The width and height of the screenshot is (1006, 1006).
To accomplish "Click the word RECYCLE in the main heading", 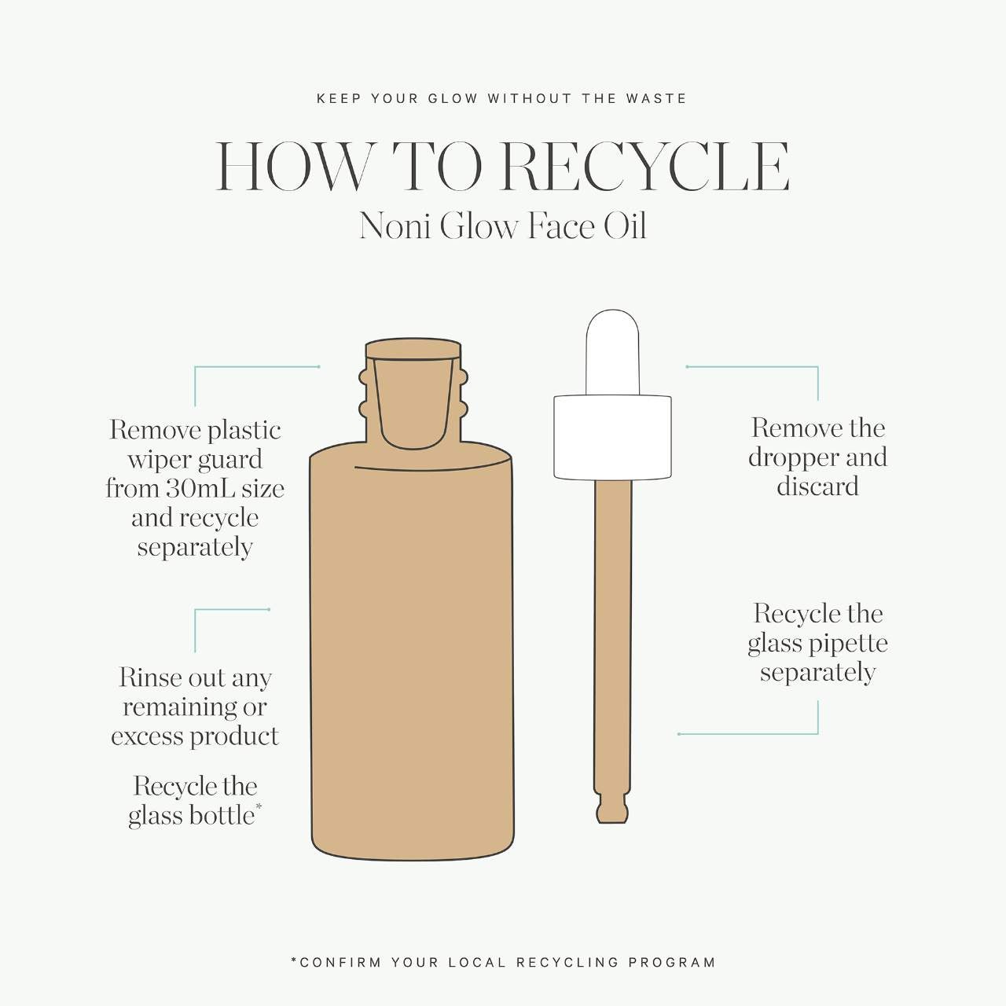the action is point(644,167).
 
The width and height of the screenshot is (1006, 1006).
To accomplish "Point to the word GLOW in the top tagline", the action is point(453,99).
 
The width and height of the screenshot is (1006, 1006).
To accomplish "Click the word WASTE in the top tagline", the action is point(656,99).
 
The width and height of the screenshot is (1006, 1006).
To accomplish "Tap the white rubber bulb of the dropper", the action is point(612,352).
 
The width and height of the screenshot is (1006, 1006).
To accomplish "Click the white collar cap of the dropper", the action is point(612,438).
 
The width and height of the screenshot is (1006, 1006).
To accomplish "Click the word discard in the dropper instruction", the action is point(817,486).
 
